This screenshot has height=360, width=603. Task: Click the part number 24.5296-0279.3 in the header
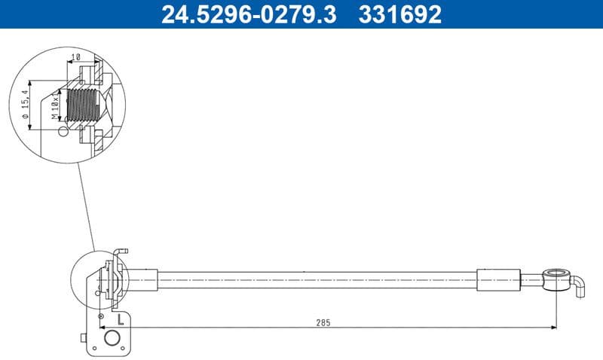tap(248, 14)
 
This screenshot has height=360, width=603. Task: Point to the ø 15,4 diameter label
tap(26, 105)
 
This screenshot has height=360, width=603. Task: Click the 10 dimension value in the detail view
tap(75, 57)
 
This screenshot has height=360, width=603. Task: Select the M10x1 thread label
tap(55, 105)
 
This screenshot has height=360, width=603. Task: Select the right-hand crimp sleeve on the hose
tap(499, 279)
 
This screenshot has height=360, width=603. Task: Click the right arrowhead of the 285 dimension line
tap(552, 327)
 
